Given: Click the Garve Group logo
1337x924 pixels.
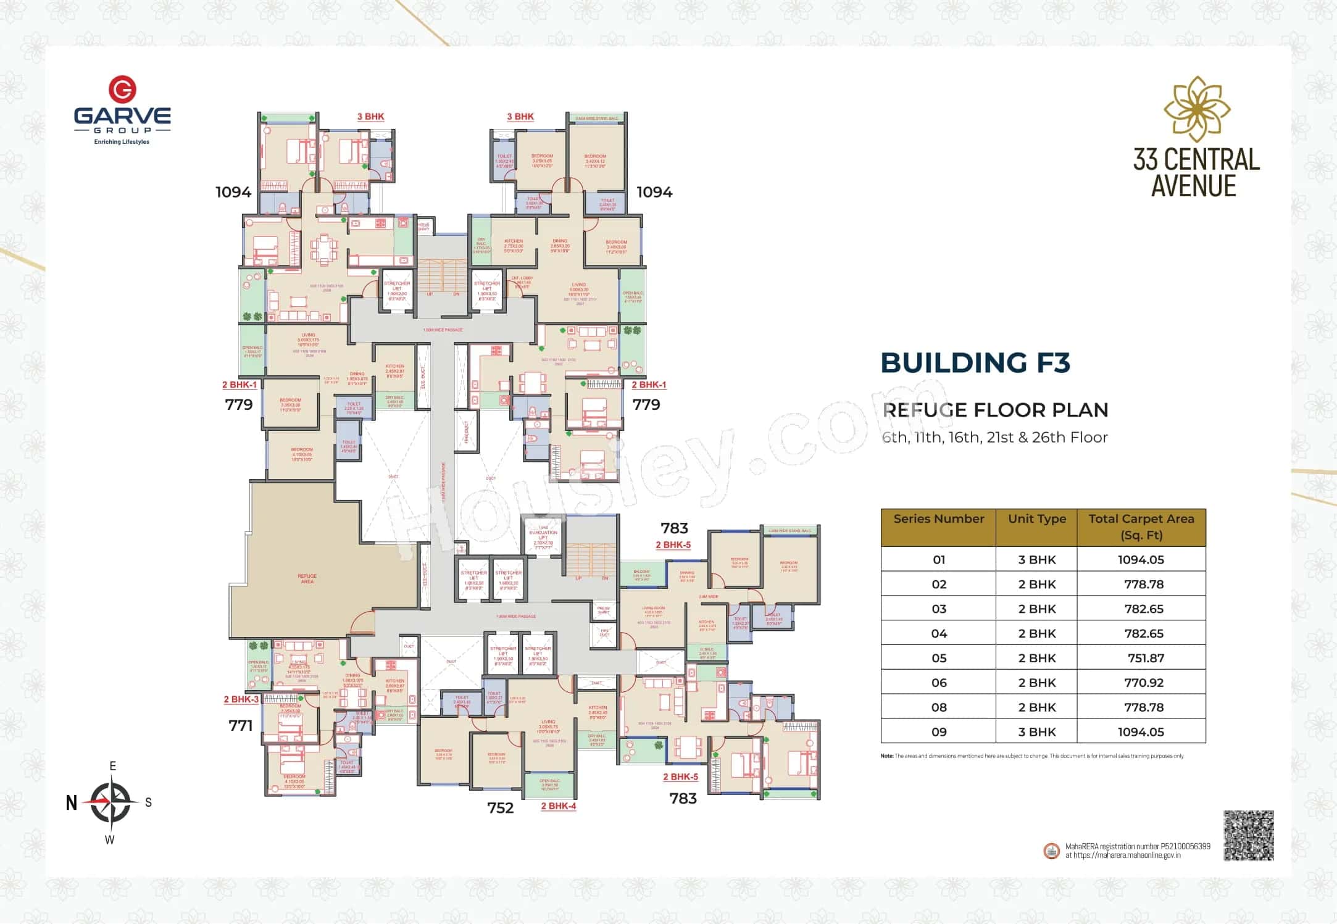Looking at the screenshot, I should tap(122, 110).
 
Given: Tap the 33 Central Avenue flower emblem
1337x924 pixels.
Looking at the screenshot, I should tap(1196, 109).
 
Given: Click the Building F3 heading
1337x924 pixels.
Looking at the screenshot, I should tap(975, 363).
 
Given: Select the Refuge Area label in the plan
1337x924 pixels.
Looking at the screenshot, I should tap(307, 578).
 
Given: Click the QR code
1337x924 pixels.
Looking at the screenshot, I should tap(1248, 835).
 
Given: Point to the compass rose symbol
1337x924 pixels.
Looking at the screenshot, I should tap(112, 802).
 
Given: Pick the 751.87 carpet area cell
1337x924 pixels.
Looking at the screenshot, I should tap(1146, 658).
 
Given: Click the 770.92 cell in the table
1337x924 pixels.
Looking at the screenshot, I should tap(1144, 683).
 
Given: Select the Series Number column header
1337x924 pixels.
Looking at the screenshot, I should tap(938, 519).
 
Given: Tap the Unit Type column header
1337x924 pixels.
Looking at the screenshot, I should tap(1036, 519).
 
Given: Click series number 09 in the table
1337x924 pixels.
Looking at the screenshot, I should tap(938, 732).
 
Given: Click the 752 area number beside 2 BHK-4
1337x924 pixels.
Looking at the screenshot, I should tap(500, 808).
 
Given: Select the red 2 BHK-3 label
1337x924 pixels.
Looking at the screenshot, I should tap(241, 699).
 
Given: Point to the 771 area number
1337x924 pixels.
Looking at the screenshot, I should tap(241, 726).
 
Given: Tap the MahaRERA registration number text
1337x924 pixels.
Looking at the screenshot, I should tap(1137, 846).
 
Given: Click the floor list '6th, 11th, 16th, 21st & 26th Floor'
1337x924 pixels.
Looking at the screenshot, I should tap(994, 438).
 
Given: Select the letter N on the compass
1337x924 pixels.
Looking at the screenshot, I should tap(72, 803).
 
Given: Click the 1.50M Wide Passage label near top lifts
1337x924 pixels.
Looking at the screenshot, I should tap(443, 330).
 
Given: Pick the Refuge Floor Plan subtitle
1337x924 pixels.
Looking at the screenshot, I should tap(995, 410).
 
